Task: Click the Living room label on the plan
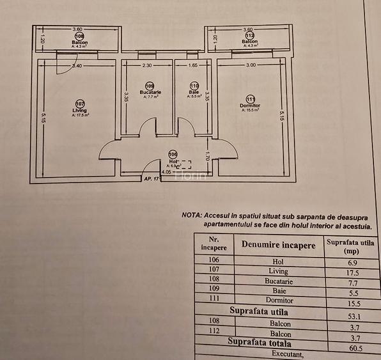pos(79,111)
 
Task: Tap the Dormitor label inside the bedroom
pos(249,106)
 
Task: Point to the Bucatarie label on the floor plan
pos(150,92)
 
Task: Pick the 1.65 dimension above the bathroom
pos(192,65)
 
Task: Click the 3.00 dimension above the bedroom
pos(251,65)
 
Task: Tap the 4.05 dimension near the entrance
pos(166,171)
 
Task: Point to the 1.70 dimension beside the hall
pos(207,154)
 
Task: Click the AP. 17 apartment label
pos(151,180)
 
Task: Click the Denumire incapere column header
pos(278,245)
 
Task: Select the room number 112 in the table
pos(214,331)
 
